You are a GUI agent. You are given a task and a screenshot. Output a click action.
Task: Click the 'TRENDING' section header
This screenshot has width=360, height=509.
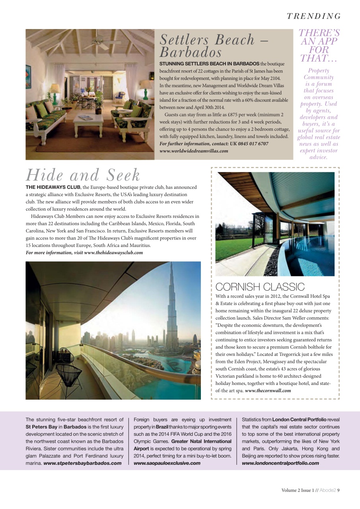(314, 16)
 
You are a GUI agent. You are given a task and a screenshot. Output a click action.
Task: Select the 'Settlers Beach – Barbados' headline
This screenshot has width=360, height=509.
(214, 45)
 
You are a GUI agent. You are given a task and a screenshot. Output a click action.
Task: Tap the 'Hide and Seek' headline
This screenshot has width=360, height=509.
(83, 175)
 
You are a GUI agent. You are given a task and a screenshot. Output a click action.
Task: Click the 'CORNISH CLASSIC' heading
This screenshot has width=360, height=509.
(260, 287)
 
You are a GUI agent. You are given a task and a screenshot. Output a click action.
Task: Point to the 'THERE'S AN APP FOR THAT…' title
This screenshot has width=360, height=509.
(319, 46)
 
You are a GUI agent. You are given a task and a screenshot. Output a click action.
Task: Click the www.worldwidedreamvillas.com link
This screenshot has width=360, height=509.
(194, 151)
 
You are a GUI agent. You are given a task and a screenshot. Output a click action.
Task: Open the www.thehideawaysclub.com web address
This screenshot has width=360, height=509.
(113, 253)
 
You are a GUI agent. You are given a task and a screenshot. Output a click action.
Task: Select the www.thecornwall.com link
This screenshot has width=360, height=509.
(268, 390)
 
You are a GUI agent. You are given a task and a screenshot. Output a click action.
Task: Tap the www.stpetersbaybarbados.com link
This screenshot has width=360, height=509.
(82, 463)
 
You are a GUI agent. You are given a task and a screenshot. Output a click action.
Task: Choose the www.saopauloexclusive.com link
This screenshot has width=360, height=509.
(167, 463)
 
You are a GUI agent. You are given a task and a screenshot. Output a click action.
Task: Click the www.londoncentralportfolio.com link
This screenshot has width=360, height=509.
(280, 463)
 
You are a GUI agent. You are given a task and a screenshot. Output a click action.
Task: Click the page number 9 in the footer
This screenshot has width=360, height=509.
(338, 490)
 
